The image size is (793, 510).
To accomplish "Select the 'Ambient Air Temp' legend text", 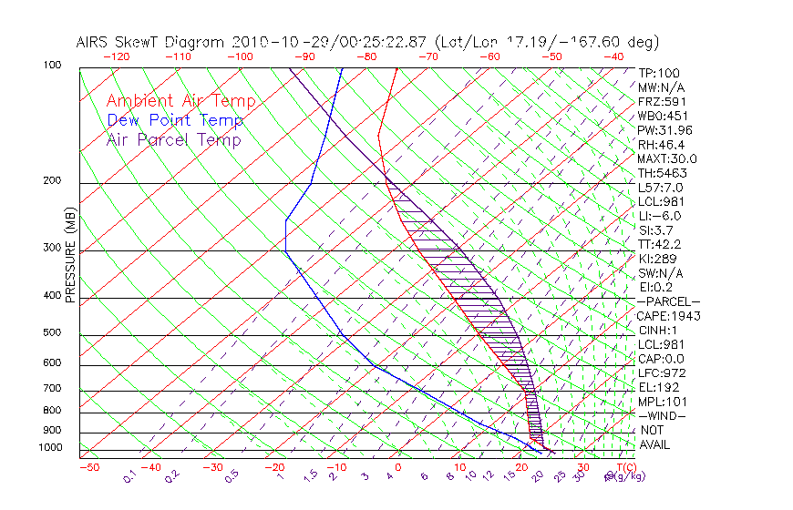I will (180, 101).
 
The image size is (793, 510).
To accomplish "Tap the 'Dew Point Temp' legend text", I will (175, 120).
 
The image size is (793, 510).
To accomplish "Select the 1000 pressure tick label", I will (52, 448).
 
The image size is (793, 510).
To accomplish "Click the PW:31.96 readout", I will (664, 130).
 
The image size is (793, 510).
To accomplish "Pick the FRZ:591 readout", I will (662, 101).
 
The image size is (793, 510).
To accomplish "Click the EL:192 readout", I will (658, 387).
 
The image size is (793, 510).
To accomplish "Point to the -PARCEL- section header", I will (668, 301).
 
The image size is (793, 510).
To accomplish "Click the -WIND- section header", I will (663, 415).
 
